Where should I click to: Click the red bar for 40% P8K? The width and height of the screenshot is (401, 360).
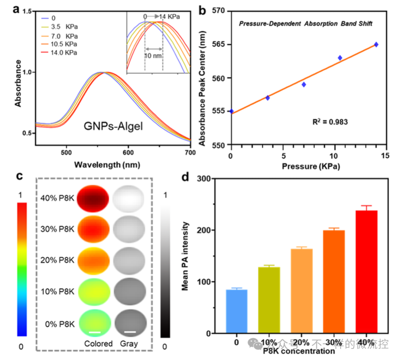coord(366,272)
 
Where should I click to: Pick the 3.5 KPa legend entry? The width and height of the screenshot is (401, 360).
coord(59,27)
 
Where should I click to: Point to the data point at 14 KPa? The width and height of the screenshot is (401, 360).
coord(376,45)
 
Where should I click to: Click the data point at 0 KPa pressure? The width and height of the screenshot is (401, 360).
coord(231,111)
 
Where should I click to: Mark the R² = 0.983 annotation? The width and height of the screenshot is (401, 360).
coord(330,121)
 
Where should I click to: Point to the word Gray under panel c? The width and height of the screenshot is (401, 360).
coord(129,344)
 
